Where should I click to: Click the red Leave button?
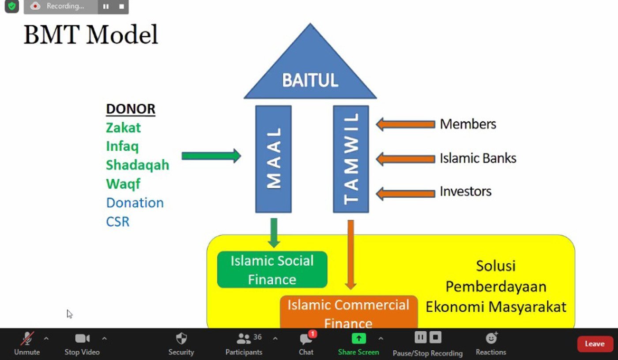click(x=595, y=344)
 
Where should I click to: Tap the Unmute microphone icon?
click(x=27, y=339)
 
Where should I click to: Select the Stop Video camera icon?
click(x=82, y=338)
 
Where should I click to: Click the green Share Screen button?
click(x=358, y=338)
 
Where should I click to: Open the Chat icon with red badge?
click(x=306, y=339)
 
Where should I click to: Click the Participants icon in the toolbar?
click(x=244, y=339)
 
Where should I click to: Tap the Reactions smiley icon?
click(x=491, y=338)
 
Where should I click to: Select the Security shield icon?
click(x=181, y=338)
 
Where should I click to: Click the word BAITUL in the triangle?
click(x=310, y=80)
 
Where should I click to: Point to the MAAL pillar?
click(x=273, y=159)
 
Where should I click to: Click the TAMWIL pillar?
click(x=351, y=159)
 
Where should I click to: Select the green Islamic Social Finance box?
click(x=272, y=270)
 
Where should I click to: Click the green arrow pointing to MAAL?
click(x=211, y=156)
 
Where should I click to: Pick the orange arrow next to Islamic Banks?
click(x=405, y=158)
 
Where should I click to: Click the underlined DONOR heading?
click(x=130, y=109)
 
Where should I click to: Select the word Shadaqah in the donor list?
click(x=137, y=165)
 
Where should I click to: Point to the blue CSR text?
click(x=117, y=221)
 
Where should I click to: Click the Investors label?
click(x=465, y=191)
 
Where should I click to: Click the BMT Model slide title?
click(x=90, y=35)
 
